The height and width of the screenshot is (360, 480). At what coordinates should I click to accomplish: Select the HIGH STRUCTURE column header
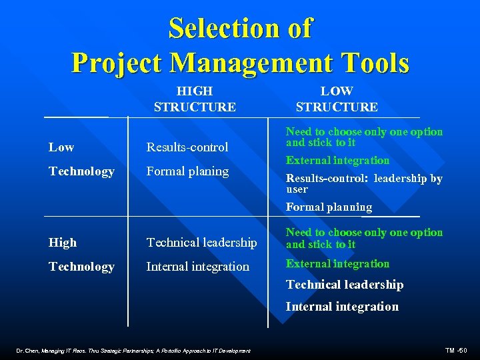[194, 99]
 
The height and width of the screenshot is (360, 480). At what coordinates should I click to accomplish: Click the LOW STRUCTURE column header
[337, 99]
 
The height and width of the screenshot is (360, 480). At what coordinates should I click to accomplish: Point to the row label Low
[61, 147]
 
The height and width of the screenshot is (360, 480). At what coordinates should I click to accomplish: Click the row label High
[63, 243]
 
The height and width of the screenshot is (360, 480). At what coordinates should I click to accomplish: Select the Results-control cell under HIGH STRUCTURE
[187, 147]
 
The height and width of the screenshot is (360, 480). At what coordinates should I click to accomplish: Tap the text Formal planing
[187, 171]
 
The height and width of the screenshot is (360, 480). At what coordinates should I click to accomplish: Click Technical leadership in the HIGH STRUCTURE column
[201, 243]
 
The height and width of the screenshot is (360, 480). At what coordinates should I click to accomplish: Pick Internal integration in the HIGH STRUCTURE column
[197, 267]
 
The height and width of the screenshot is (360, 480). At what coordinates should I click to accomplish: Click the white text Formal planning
[329, 207]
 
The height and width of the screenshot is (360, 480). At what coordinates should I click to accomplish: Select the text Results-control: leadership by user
[364, 183]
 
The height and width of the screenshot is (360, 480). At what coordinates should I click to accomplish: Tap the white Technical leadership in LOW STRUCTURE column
[345, 285]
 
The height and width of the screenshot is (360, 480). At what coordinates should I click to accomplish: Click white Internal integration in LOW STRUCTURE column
[342, 307]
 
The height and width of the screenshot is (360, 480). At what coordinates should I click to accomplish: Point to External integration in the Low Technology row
[337, 160]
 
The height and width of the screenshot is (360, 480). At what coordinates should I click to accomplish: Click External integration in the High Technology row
[337, 264]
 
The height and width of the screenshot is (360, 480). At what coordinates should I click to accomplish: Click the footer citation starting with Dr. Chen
[134, 351]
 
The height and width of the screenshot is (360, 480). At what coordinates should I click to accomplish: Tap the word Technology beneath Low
[81, 171]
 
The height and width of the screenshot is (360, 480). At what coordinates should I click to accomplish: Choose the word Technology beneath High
[81, 267]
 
